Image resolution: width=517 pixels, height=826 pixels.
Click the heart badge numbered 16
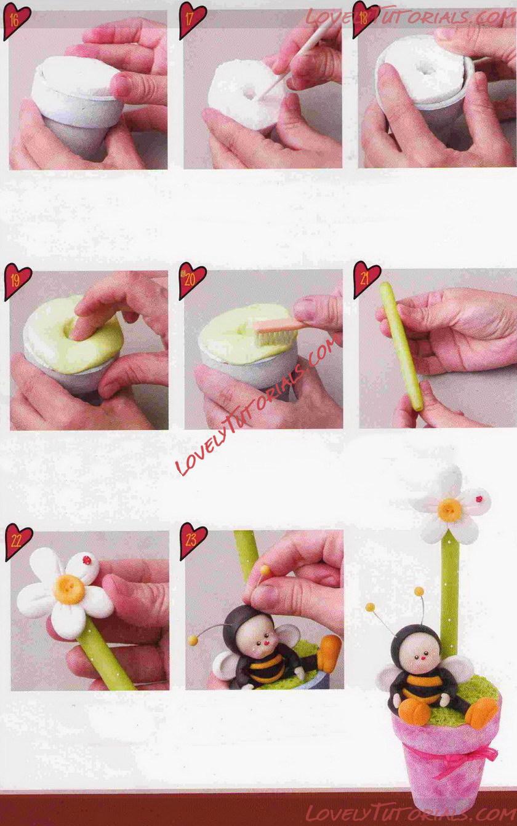point(15,21)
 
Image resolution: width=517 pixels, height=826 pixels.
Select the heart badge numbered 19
point(17,280)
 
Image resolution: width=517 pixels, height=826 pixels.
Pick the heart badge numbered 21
point(366,279)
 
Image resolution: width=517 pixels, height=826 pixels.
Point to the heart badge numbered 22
point(17,541)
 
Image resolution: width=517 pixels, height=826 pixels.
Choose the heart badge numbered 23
point(193,541)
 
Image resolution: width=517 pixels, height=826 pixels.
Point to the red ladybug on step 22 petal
point(87,560)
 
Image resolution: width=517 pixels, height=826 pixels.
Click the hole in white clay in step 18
point(422,69)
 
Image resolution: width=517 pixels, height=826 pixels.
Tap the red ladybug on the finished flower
point(479,499)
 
